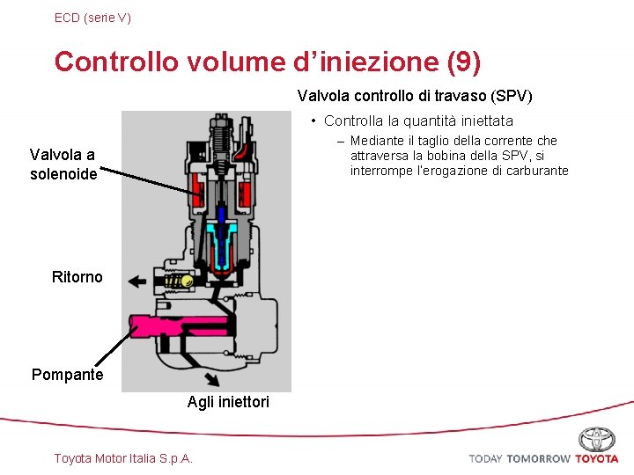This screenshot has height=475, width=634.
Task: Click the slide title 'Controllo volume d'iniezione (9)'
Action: click(268, 62)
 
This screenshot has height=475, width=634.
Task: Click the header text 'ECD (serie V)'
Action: click(92, 17)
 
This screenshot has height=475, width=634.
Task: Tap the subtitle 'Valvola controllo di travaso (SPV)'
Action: click(415, 95)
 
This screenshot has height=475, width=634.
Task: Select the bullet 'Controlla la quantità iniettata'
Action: click(418, 121)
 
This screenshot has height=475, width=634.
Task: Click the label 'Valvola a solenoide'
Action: click(63, 164)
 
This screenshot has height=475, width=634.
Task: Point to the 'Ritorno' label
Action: click(77, 277)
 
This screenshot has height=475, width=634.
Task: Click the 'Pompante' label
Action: click(67, 375)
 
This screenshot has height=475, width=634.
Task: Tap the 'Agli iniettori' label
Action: click(228, 402)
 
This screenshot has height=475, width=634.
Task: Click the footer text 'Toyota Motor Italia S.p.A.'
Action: click(123, 458)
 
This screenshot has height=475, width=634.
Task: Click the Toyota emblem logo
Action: click(596, 439)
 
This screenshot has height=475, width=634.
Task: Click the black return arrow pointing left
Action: click(137, 281)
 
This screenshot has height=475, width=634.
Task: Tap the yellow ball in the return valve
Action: click(187, 281)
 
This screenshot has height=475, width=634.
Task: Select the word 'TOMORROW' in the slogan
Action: click(538, 458)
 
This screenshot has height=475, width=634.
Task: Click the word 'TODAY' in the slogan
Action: click(485, 458)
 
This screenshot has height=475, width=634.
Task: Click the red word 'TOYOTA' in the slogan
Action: click(597, 458)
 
